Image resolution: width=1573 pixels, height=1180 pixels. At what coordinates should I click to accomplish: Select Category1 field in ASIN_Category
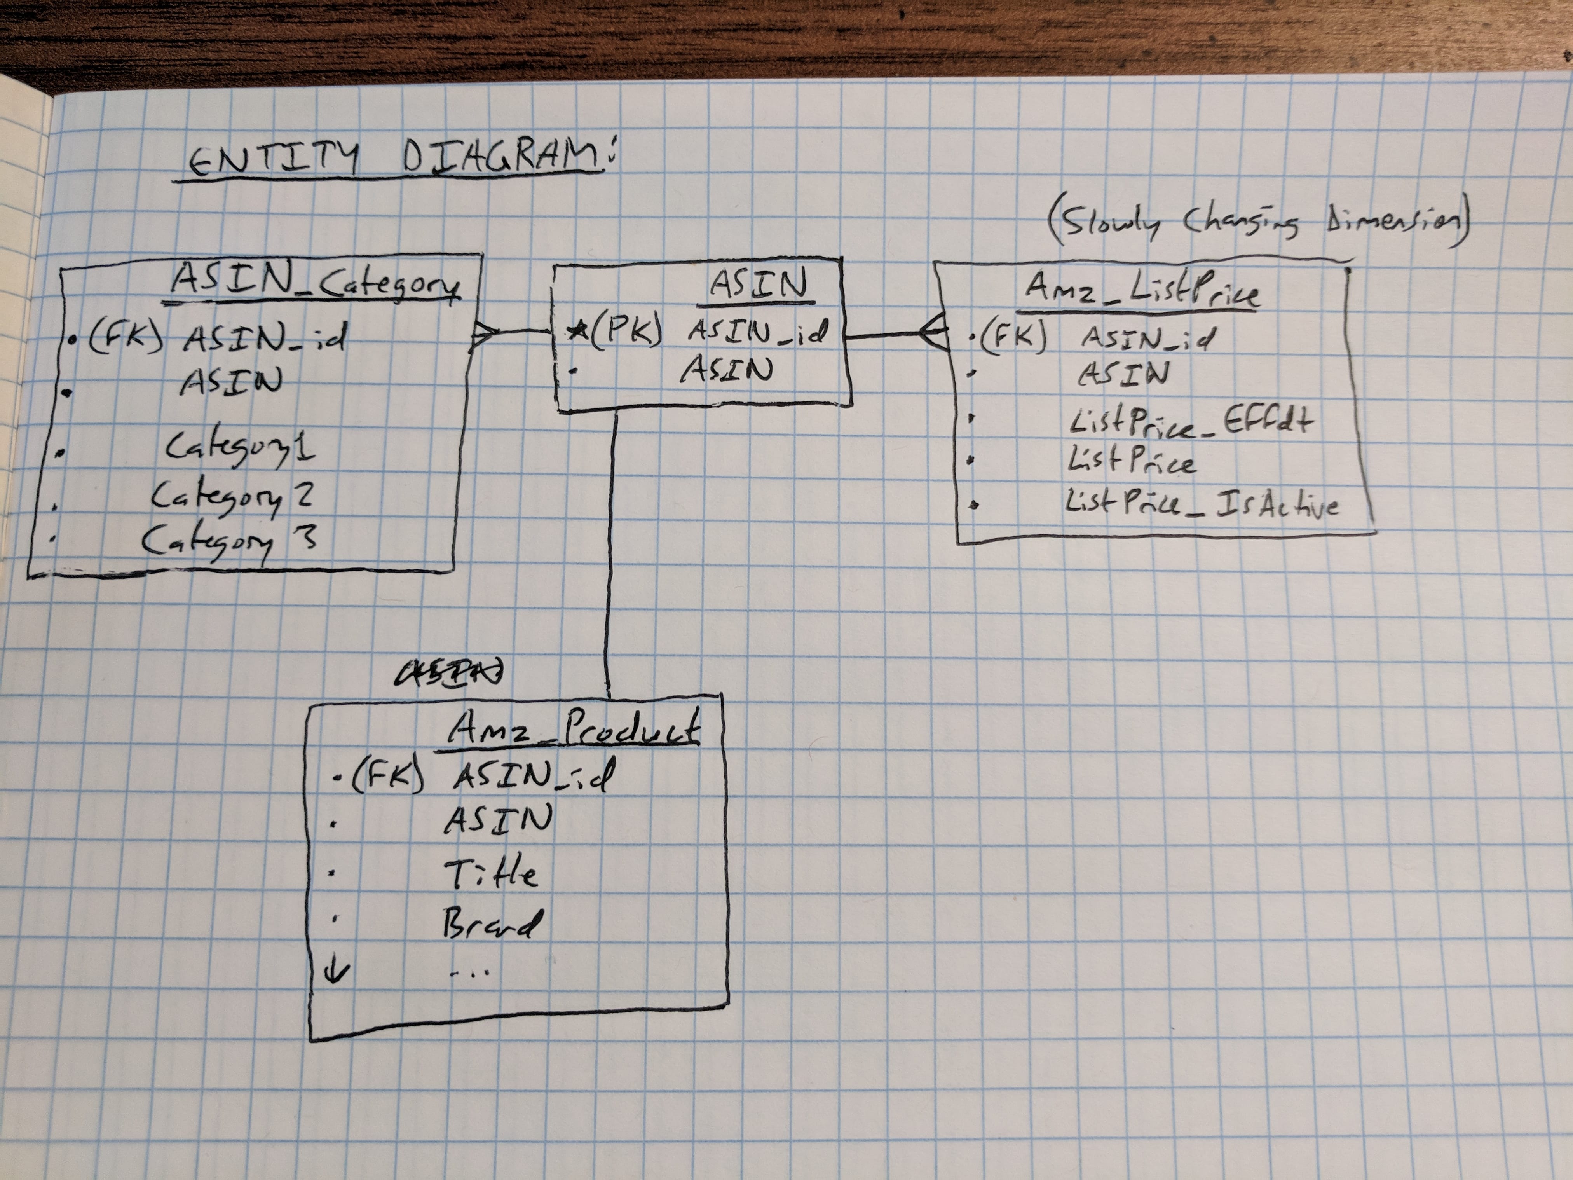241,448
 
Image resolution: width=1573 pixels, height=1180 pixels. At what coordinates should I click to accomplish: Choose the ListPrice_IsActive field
1202,505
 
